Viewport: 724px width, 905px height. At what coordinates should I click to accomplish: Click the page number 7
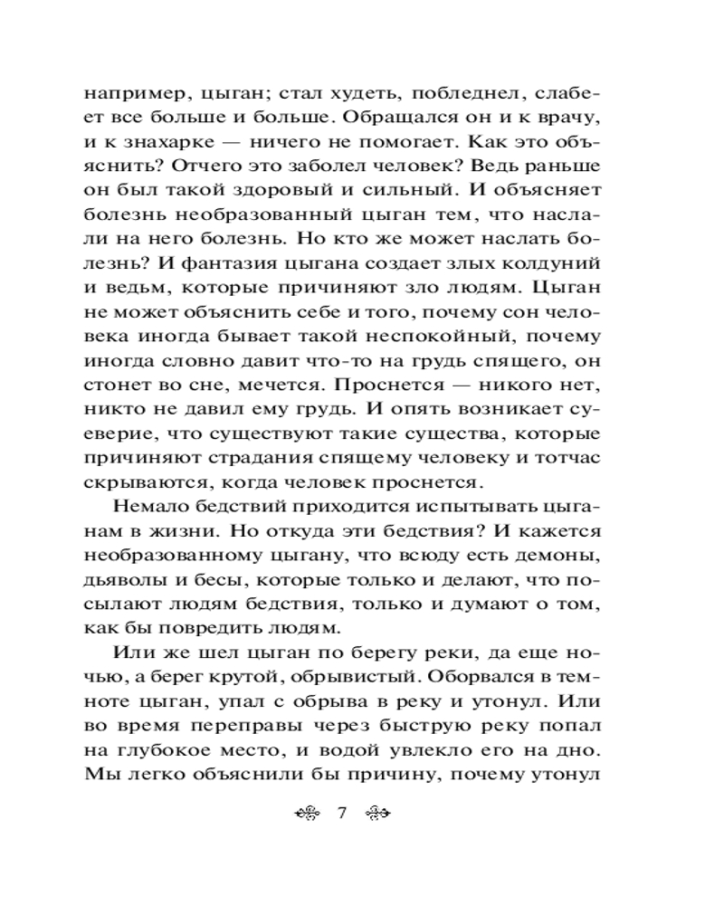[x=342, y=813]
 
